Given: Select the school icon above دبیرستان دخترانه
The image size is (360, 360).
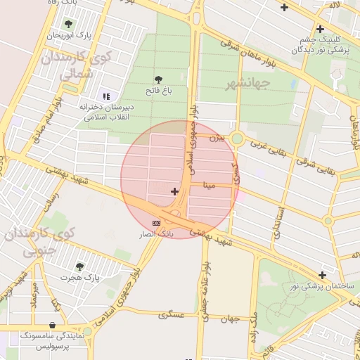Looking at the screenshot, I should [x=106, y=96].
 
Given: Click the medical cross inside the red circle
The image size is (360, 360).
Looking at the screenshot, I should [x=174, y=191].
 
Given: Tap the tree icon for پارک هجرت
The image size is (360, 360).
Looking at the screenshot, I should [x=79, y=266].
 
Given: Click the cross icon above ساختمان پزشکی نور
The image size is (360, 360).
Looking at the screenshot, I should [x=322, y=275].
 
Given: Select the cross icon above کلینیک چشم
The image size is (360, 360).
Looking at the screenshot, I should [x=321, y=29].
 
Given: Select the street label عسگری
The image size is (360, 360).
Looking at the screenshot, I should [x=172, y=314].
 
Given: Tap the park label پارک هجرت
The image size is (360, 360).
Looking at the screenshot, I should [x=79, y=278].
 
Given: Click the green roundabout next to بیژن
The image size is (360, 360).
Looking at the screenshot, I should [x=238, y=139].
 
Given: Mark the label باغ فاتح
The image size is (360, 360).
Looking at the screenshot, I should [x=159, y=91].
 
